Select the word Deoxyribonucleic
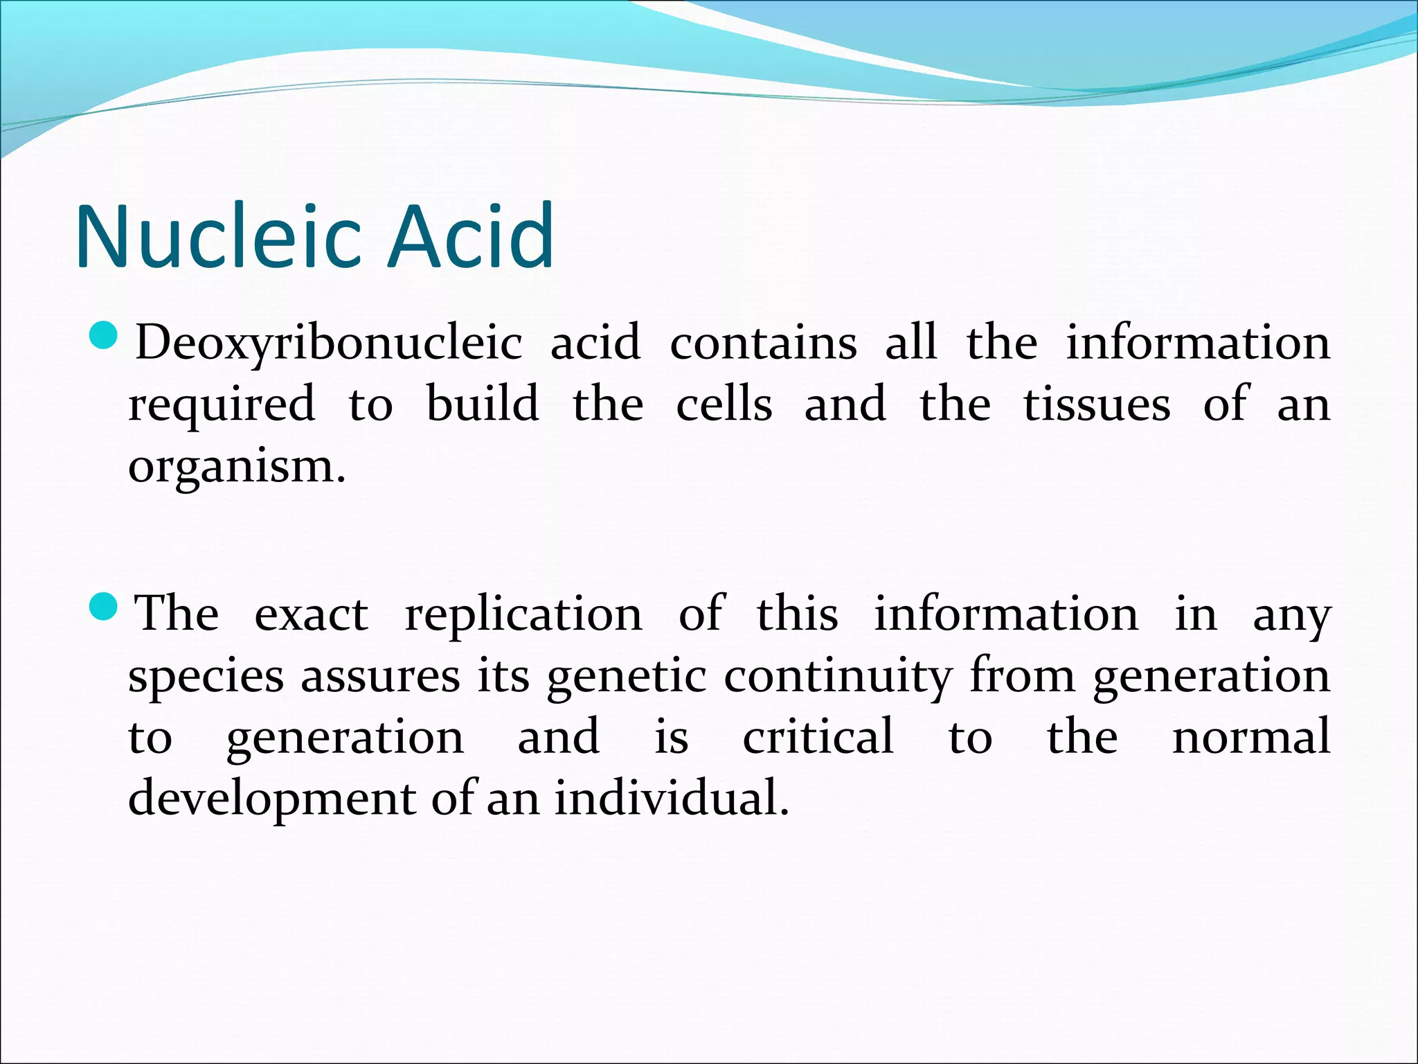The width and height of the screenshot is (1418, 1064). click(328, 343)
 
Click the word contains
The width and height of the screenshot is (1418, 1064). click(763, 343)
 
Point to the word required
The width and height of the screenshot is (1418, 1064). click(222, 405)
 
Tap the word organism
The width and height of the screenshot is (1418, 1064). click(235, 468)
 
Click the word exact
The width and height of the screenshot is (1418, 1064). click(311, 615)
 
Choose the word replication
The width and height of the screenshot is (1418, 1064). click(523, 615)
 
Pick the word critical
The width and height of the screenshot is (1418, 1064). click(818, 737)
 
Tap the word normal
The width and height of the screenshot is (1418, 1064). click(1250, 737)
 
